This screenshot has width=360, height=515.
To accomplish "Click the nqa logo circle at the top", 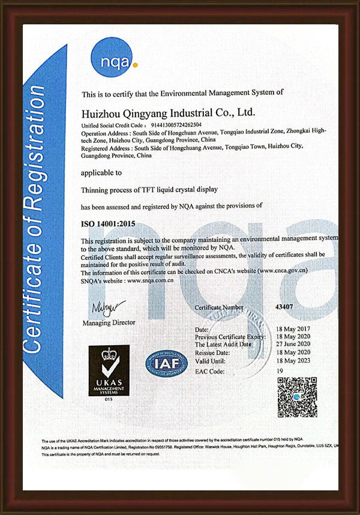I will tap(114, 59).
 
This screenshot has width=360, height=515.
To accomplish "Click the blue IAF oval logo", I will tap(166, 363).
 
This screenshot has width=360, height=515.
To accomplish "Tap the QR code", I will tap(297, 397).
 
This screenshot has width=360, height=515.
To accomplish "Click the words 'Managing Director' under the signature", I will tap(109, 322).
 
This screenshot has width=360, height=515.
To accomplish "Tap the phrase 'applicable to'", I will tap(101, 172).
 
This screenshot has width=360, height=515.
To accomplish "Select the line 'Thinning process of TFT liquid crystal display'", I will tap(149, 190).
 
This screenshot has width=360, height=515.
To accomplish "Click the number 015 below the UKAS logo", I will tap(109, 399).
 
